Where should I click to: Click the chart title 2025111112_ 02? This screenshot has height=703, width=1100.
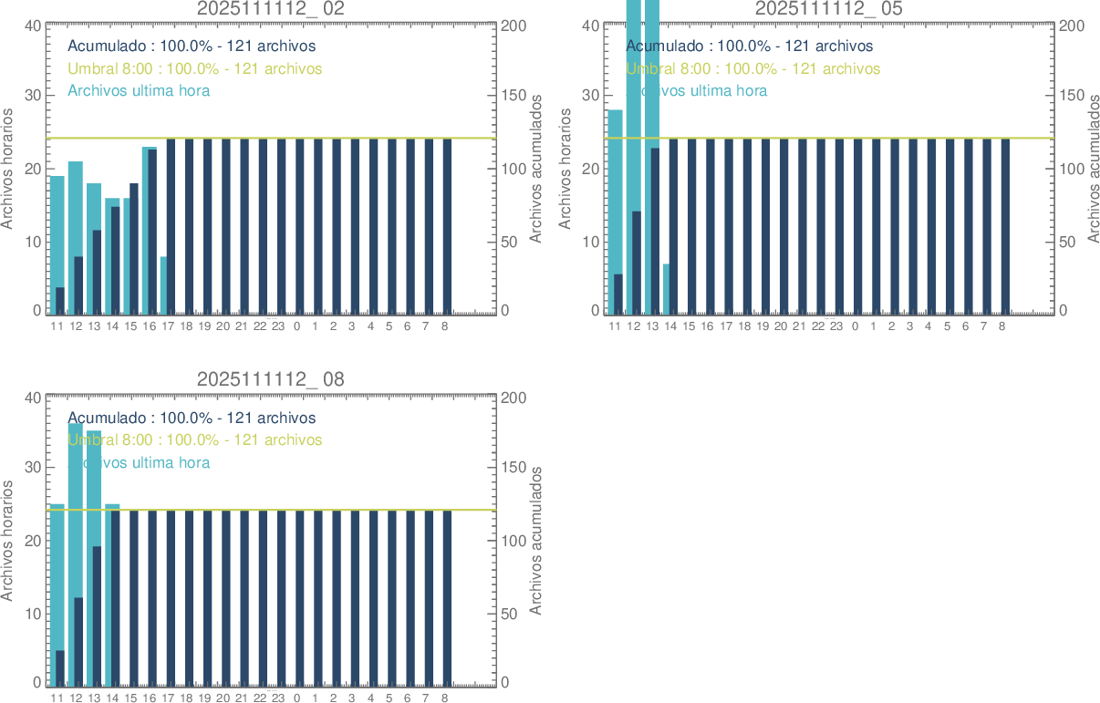coord(271,8)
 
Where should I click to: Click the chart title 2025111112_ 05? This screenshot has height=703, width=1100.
coord(828,8)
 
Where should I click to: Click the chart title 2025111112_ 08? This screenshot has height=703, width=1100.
coord(271,379)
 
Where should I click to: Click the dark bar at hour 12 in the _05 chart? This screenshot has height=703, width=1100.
coord(637,264)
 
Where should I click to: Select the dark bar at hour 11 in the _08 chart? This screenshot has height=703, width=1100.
coord(60,667)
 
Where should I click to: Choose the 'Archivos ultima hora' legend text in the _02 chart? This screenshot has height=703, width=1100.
coord(139,90)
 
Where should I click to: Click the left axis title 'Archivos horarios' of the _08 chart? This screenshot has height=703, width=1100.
coord(8,540)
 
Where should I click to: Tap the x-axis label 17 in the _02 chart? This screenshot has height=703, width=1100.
coord(168,326)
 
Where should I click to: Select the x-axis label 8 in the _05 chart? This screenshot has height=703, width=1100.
coord(1001,326)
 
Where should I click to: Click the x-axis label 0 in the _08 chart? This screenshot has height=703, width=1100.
coord(296,698)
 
